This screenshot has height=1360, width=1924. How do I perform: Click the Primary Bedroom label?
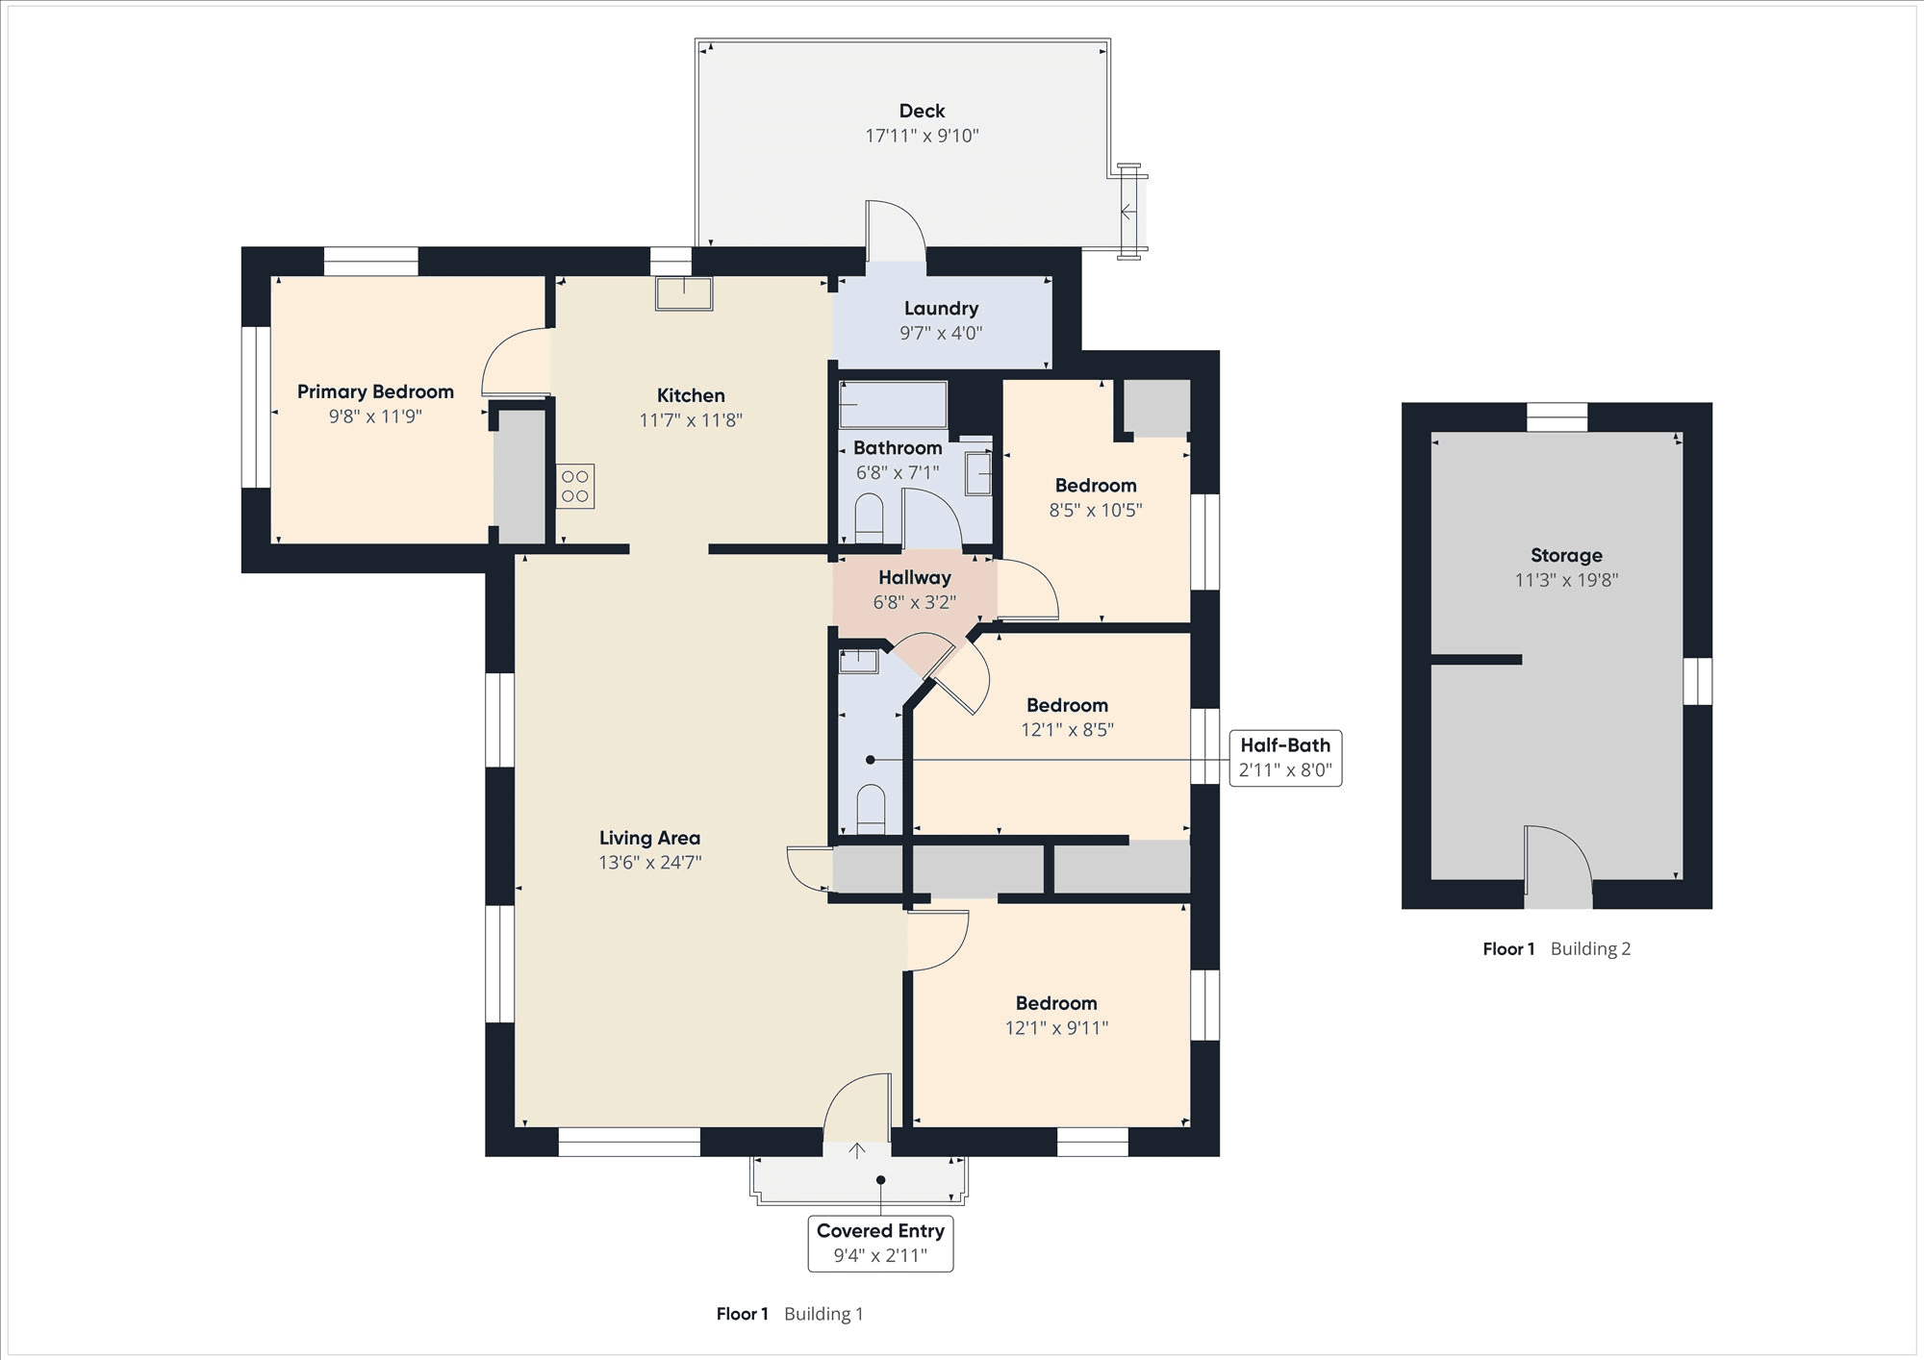[375, 391]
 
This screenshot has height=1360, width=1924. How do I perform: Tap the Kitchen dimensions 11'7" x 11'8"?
[691, 420]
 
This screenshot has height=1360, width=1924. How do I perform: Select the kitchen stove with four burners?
[575, 487]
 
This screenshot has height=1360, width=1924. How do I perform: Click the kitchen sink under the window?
[684, 294]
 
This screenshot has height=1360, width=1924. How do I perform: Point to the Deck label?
[922, 111]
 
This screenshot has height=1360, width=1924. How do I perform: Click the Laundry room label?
[941, 309]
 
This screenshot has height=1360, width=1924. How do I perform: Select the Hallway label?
[915, 577]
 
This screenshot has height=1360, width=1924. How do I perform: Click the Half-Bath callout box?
[1285, 758]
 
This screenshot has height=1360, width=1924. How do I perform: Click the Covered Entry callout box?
[880, 1244]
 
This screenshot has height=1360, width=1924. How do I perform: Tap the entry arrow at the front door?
[856, 1150]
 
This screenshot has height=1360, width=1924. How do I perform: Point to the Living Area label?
[649, 838]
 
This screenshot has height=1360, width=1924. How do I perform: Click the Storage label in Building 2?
[1566, 555]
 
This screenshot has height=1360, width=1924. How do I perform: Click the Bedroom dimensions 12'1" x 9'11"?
[1056, 1028]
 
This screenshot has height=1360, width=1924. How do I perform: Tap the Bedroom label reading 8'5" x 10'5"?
[1096, 486]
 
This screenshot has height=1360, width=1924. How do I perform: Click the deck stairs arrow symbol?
[1127, 212]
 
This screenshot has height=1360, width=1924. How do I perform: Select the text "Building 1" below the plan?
[823, 1314]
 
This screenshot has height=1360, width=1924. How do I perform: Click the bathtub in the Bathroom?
[893, 405]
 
